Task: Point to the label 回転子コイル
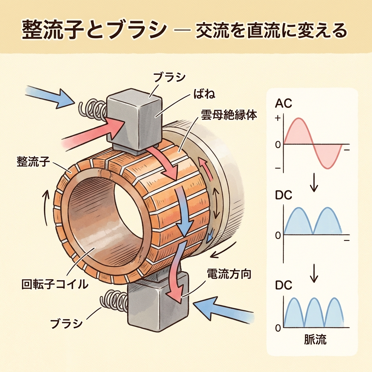pyautogui.click(x=55, y=284)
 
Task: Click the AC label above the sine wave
pyautogui.click(x=283, y=104)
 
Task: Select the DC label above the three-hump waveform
pyautogui.click(x=283, y=286)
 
